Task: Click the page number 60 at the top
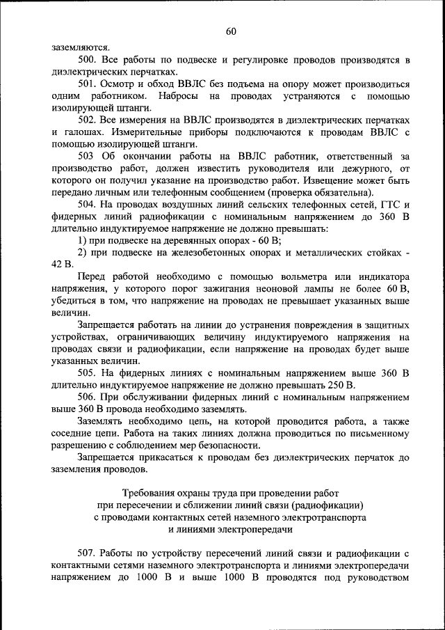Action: [231, 31]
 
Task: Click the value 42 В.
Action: [63, 264]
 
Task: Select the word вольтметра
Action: [274, 276]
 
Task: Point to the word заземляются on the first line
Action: [76, 47]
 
